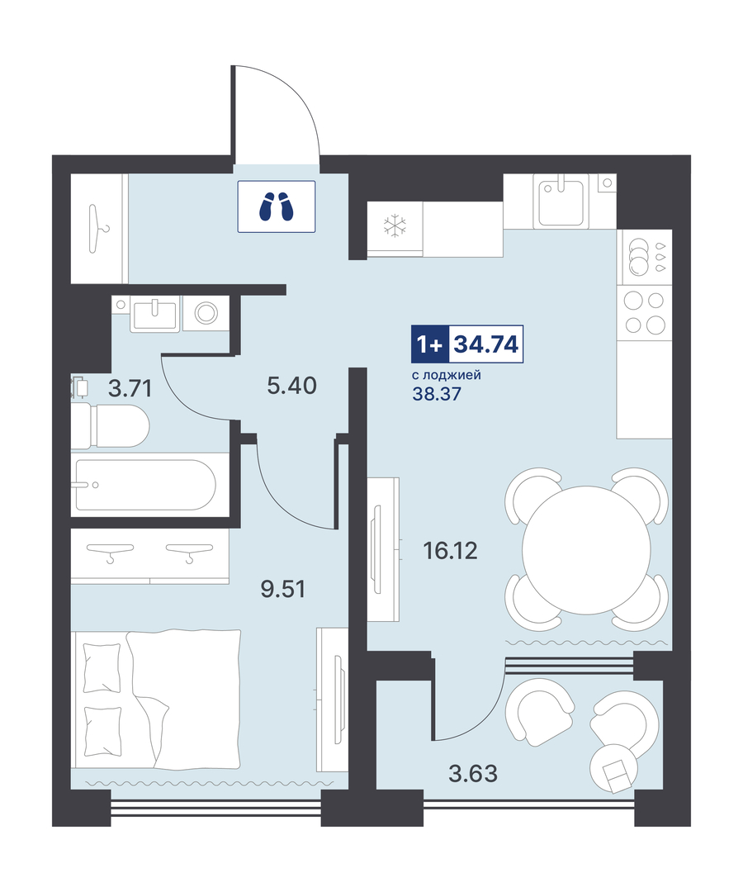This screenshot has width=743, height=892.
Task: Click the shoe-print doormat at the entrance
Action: (277, 206)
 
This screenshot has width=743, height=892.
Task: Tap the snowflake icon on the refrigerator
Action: (395, 225)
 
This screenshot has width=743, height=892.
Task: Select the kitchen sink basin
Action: (561, 202)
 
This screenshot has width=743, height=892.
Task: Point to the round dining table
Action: (586, 549)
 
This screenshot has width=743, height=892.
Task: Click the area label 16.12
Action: (450, 551)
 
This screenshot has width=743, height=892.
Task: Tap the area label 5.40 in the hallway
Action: (291, 386)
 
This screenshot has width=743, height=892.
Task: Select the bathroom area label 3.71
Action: (130, 389)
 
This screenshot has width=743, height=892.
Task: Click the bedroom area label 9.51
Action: (283, 589)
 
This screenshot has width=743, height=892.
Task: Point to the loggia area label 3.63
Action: (473, 774)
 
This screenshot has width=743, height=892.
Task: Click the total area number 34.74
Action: (486, 344)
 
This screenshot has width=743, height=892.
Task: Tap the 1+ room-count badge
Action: (430, 344)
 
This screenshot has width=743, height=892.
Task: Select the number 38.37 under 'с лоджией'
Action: (437, 394)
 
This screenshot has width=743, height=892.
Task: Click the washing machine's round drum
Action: (206, 313)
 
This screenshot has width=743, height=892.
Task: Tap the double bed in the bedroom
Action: (155, 700)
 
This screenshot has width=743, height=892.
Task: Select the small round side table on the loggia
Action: (614, 768)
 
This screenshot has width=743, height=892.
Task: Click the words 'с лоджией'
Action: (447, 375)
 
